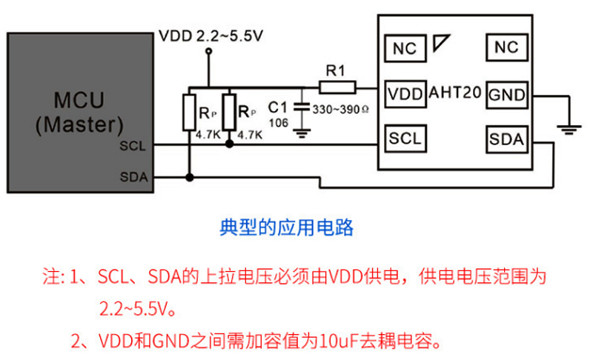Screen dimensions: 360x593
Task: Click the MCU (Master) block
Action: point(77,111)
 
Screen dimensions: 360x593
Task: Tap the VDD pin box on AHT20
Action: point(405,94)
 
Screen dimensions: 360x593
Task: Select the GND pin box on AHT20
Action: point(507,94)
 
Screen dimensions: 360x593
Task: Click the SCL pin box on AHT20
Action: point(405,138)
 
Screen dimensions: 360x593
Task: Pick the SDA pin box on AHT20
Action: point(507,139)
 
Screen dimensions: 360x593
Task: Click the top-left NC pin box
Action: point(405,49)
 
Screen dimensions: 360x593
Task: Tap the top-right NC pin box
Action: point(507,48)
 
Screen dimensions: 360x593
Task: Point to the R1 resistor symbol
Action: point(337,86)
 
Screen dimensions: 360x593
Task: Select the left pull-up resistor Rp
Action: point(190,113)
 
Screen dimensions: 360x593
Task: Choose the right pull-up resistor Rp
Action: point(229,113)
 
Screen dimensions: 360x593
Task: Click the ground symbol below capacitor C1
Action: point(301,133)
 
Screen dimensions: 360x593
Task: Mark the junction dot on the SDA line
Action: point(190,177)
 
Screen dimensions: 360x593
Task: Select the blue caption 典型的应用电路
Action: point(286,227)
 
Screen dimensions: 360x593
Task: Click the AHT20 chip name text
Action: point(456,94)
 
